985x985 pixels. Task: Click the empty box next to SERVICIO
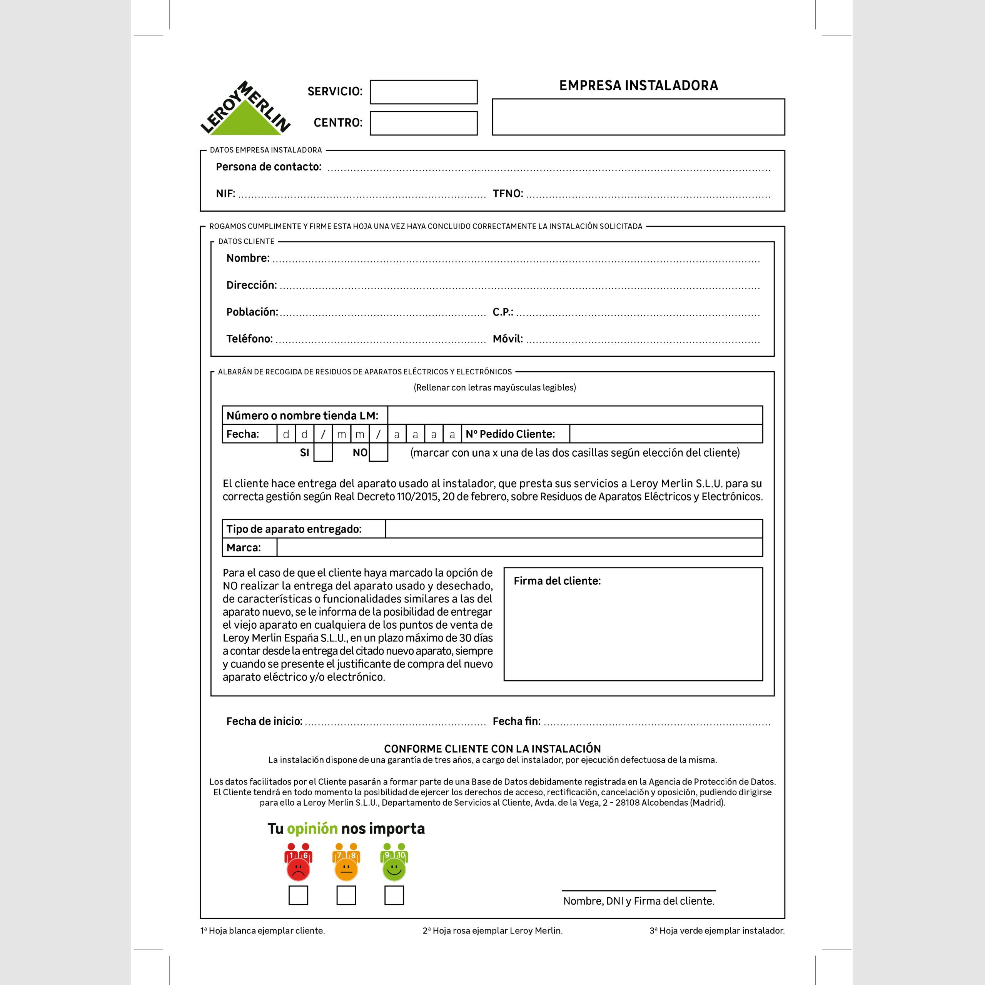pyautogui.click(x=423, y=92)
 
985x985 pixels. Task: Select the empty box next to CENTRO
pyautogui.click(x=423, y=123)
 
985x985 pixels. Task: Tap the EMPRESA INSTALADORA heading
pyautogui.click(x=638, y=85)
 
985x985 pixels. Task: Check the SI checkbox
pyautogui.click(x=323, y=452)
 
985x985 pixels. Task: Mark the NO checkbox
pyautogui.click(x=378, y=452)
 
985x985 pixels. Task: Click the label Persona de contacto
pyautogui.click(x=268, y=167)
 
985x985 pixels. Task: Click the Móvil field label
pyautogui.click(x=507, y=339)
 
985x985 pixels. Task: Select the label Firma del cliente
pyautogui.click(x=557, y=581)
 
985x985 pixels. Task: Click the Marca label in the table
pyautogui.click(x=243, y=548)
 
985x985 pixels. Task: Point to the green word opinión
pyautogui.click(x=312, y=828)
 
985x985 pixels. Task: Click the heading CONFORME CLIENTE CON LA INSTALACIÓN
pyautogui.click(x=492, y=748)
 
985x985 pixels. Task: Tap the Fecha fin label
pyautogui.click(x=516, y=721)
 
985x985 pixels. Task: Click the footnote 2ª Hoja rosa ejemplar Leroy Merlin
pyautogui.click(x=492, y=930)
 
